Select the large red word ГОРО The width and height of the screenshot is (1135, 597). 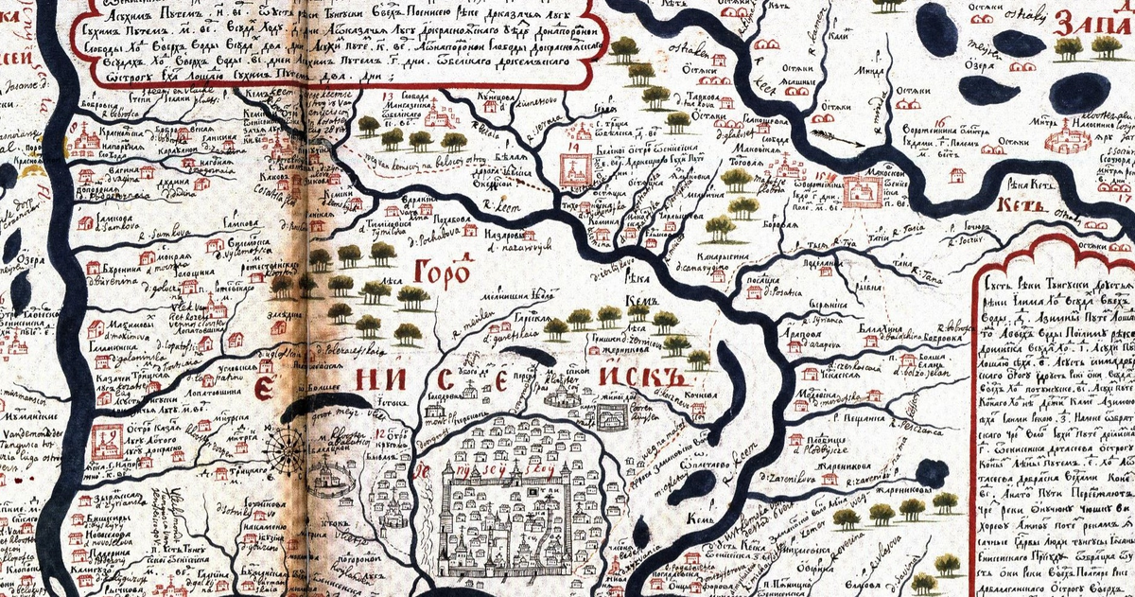tap(443, 274)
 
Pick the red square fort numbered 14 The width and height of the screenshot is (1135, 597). tap(576, 169)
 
